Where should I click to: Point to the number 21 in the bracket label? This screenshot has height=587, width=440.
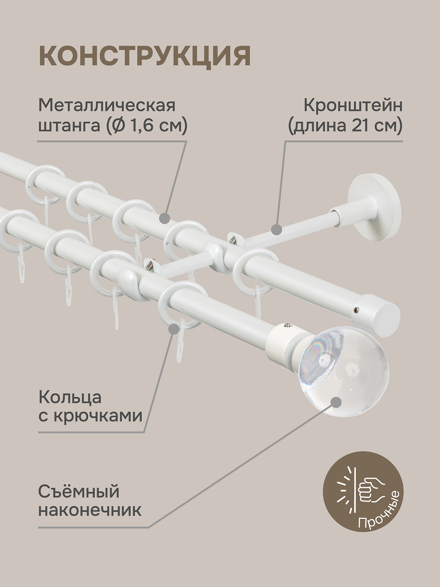358,126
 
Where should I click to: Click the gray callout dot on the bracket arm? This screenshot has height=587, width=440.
276,230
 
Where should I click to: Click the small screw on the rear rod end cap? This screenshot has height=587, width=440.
355,310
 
